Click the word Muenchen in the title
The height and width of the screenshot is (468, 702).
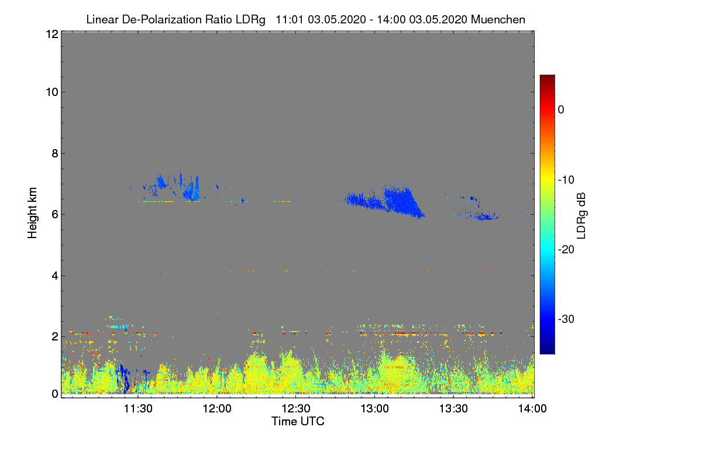pos(498,19)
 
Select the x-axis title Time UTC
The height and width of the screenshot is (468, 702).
pos(298,421)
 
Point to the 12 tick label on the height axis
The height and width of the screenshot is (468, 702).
pos(51,34)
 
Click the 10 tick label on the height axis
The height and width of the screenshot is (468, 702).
pos(51,92)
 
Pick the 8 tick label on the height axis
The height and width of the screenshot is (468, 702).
pos(54,153)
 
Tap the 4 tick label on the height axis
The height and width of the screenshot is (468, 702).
pos(54,276)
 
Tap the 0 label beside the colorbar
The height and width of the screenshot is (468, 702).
pos(561,109)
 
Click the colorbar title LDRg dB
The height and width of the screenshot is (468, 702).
pos(581,215)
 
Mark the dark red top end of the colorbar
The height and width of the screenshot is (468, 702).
pos(547,79)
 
